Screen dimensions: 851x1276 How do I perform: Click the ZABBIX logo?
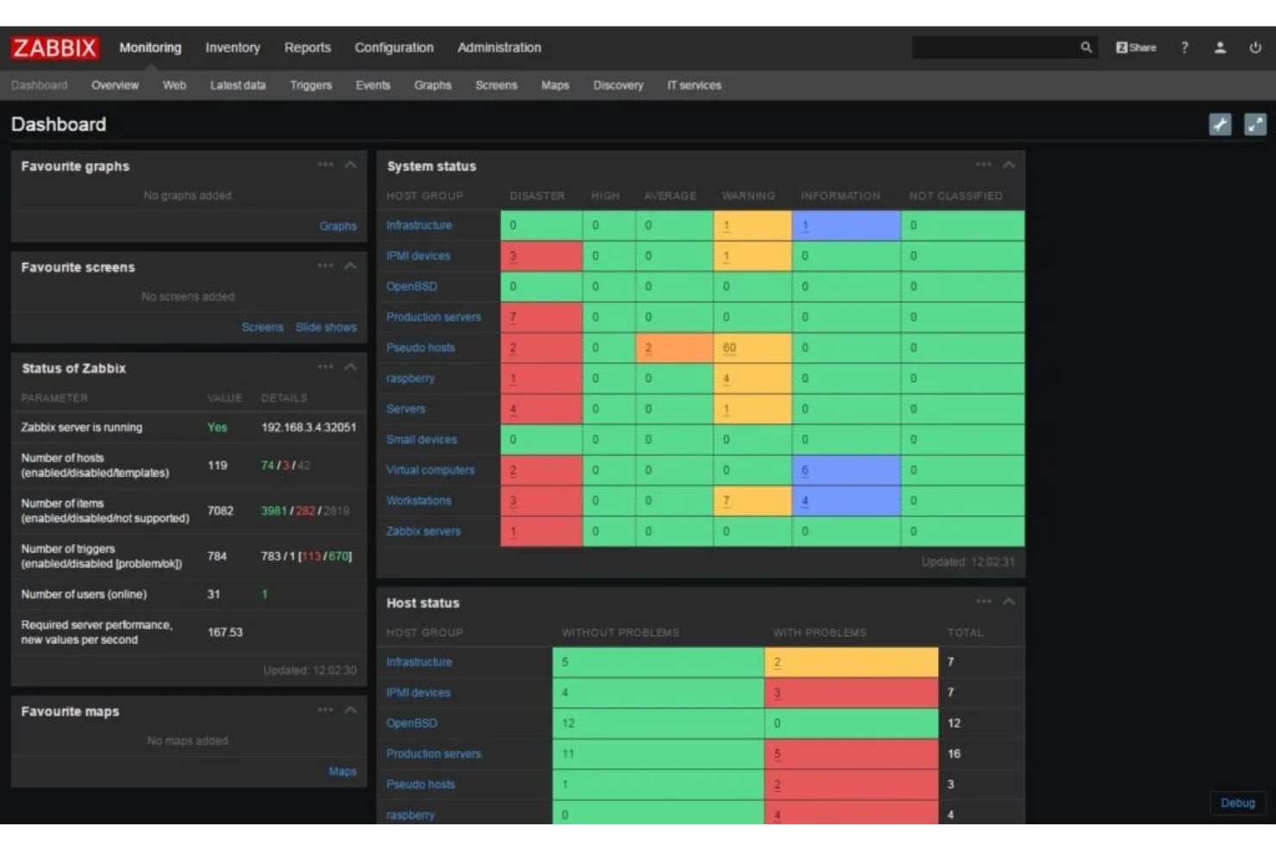[x=54, y=47]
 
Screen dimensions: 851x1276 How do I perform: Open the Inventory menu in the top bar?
[x=233, y=47]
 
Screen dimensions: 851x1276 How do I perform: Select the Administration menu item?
[x=499, y=47]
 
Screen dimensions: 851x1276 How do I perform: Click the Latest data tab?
[x=238, y=85]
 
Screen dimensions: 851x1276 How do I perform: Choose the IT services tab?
[x=694, y=85]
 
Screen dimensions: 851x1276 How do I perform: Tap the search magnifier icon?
[x=1086, y=47]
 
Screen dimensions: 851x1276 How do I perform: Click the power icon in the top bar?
[x=1255, y=47]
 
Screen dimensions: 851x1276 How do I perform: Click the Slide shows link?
[x=326, y=328]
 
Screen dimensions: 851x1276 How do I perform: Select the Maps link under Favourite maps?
[x=342, y=772]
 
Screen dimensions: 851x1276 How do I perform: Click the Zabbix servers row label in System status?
[x=423, y=531]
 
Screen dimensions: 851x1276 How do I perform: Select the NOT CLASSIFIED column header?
[x=955, y=196]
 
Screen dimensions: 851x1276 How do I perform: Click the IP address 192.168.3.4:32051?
[x=309, y=428]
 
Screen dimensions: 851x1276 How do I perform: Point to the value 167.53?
[x=225, y=632]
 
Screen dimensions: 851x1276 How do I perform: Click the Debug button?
[x=1237, y=803]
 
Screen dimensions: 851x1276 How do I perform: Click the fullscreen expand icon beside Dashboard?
[x=1255, y=125]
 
